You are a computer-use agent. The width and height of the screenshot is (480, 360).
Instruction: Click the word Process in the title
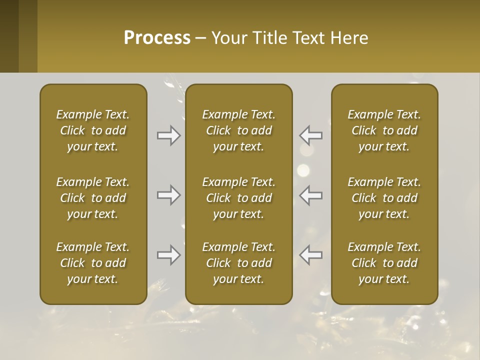[x=157, y=38]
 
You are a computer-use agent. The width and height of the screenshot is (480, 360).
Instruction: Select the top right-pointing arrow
[x=169, y=135]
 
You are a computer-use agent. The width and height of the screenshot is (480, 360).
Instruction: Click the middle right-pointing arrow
[x=169, y=195]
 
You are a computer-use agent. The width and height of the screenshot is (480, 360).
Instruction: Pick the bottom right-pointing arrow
[x=169, y=255]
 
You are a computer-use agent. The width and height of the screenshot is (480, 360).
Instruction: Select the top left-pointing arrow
[x=311, y=135]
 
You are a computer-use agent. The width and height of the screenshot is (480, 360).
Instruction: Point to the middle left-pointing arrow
[x=311, y=195]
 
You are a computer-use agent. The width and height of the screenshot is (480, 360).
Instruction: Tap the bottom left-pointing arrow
[x=311, y=255]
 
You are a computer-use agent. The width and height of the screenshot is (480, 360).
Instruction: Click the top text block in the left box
[x=93, y=130]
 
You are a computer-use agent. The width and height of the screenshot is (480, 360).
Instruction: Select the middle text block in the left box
[x=93, y=198]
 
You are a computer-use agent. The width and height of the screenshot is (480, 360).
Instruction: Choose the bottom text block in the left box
[x=93, y=263]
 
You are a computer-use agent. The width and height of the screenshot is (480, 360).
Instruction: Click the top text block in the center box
[x=239, y=130]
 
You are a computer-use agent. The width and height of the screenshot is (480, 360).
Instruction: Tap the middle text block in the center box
[x=239, y=198]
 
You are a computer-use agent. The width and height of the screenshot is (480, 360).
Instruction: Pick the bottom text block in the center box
[x=239, y=263]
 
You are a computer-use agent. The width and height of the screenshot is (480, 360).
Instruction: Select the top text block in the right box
[x=384, y=130]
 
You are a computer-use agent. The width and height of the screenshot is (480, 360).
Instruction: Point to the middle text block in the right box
[x=384, y=198]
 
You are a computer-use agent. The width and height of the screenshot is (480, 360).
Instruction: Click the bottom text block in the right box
[x=384, y=263]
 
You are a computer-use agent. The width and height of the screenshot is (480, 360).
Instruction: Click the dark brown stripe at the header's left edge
[x=9, y=36]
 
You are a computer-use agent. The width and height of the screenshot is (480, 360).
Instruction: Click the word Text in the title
[x=306, y=38]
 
